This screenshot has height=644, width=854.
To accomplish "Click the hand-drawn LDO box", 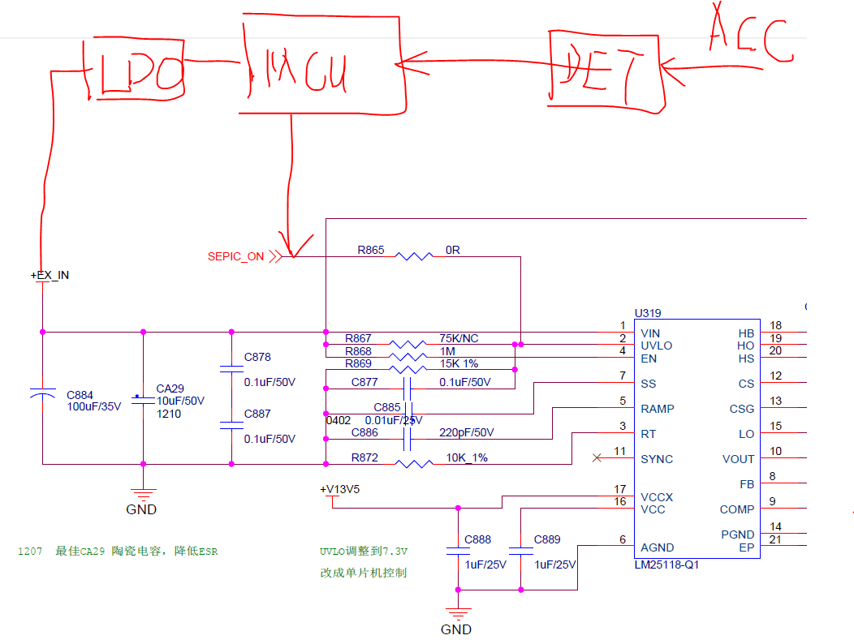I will coord(135,68).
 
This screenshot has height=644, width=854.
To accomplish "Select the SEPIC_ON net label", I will coord(235,256).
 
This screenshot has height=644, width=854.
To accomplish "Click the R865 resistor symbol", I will coord(414,256).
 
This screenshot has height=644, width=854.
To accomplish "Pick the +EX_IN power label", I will coord(50,276).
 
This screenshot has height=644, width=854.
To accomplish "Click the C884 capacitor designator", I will coord(80,396).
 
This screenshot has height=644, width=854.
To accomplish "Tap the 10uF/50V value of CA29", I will coord(180,401).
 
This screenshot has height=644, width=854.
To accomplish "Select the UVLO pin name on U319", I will coord(656,346).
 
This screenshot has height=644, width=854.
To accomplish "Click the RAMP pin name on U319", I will coord(657,409).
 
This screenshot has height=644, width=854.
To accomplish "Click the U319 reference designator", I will coord(649,312).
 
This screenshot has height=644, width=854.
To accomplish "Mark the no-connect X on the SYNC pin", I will coord(597,458).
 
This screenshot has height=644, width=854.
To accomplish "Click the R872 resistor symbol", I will coord(414,464).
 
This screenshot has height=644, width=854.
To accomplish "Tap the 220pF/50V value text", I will coord(466,432).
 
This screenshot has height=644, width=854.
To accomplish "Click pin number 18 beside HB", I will coord(776,326).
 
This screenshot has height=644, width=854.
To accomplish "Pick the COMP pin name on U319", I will coord(736,509).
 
